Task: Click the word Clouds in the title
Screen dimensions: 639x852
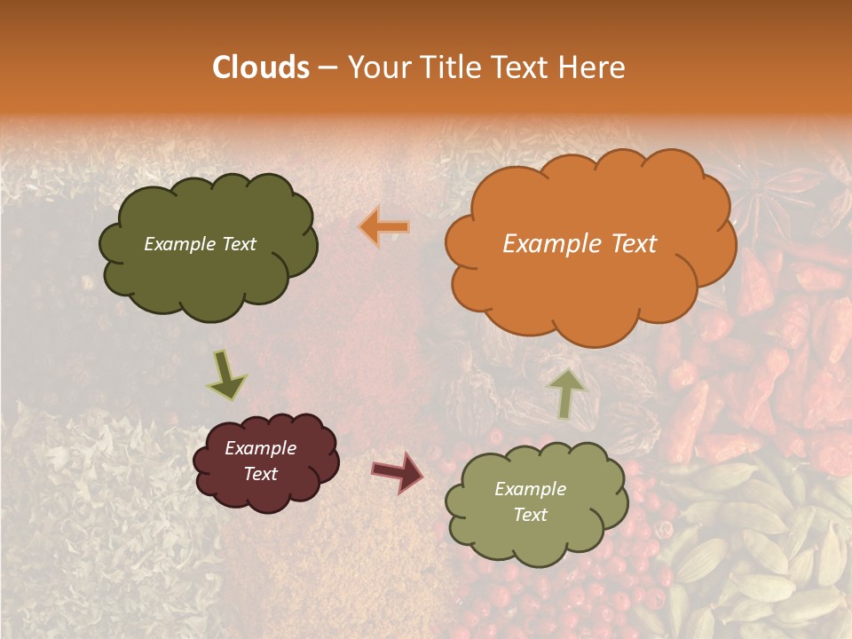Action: tap(261, 67)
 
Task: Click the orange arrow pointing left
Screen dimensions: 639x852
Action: tap(385, 227)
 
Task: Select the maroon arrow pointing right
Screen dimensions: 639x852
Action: tap(398, 471)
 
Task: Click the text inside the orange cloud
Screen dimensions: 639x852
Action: tap(580, 244)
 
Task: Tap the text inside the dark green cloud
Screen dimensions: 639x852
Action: tap(200, 244)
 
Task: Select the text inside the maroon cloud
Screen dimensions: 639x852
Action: tap(260, 461)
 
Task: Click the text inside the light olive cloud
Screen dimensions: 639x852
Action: tap(530, 501)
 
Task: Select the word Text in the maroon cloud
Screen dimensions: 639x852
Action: tap(260, 474)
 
